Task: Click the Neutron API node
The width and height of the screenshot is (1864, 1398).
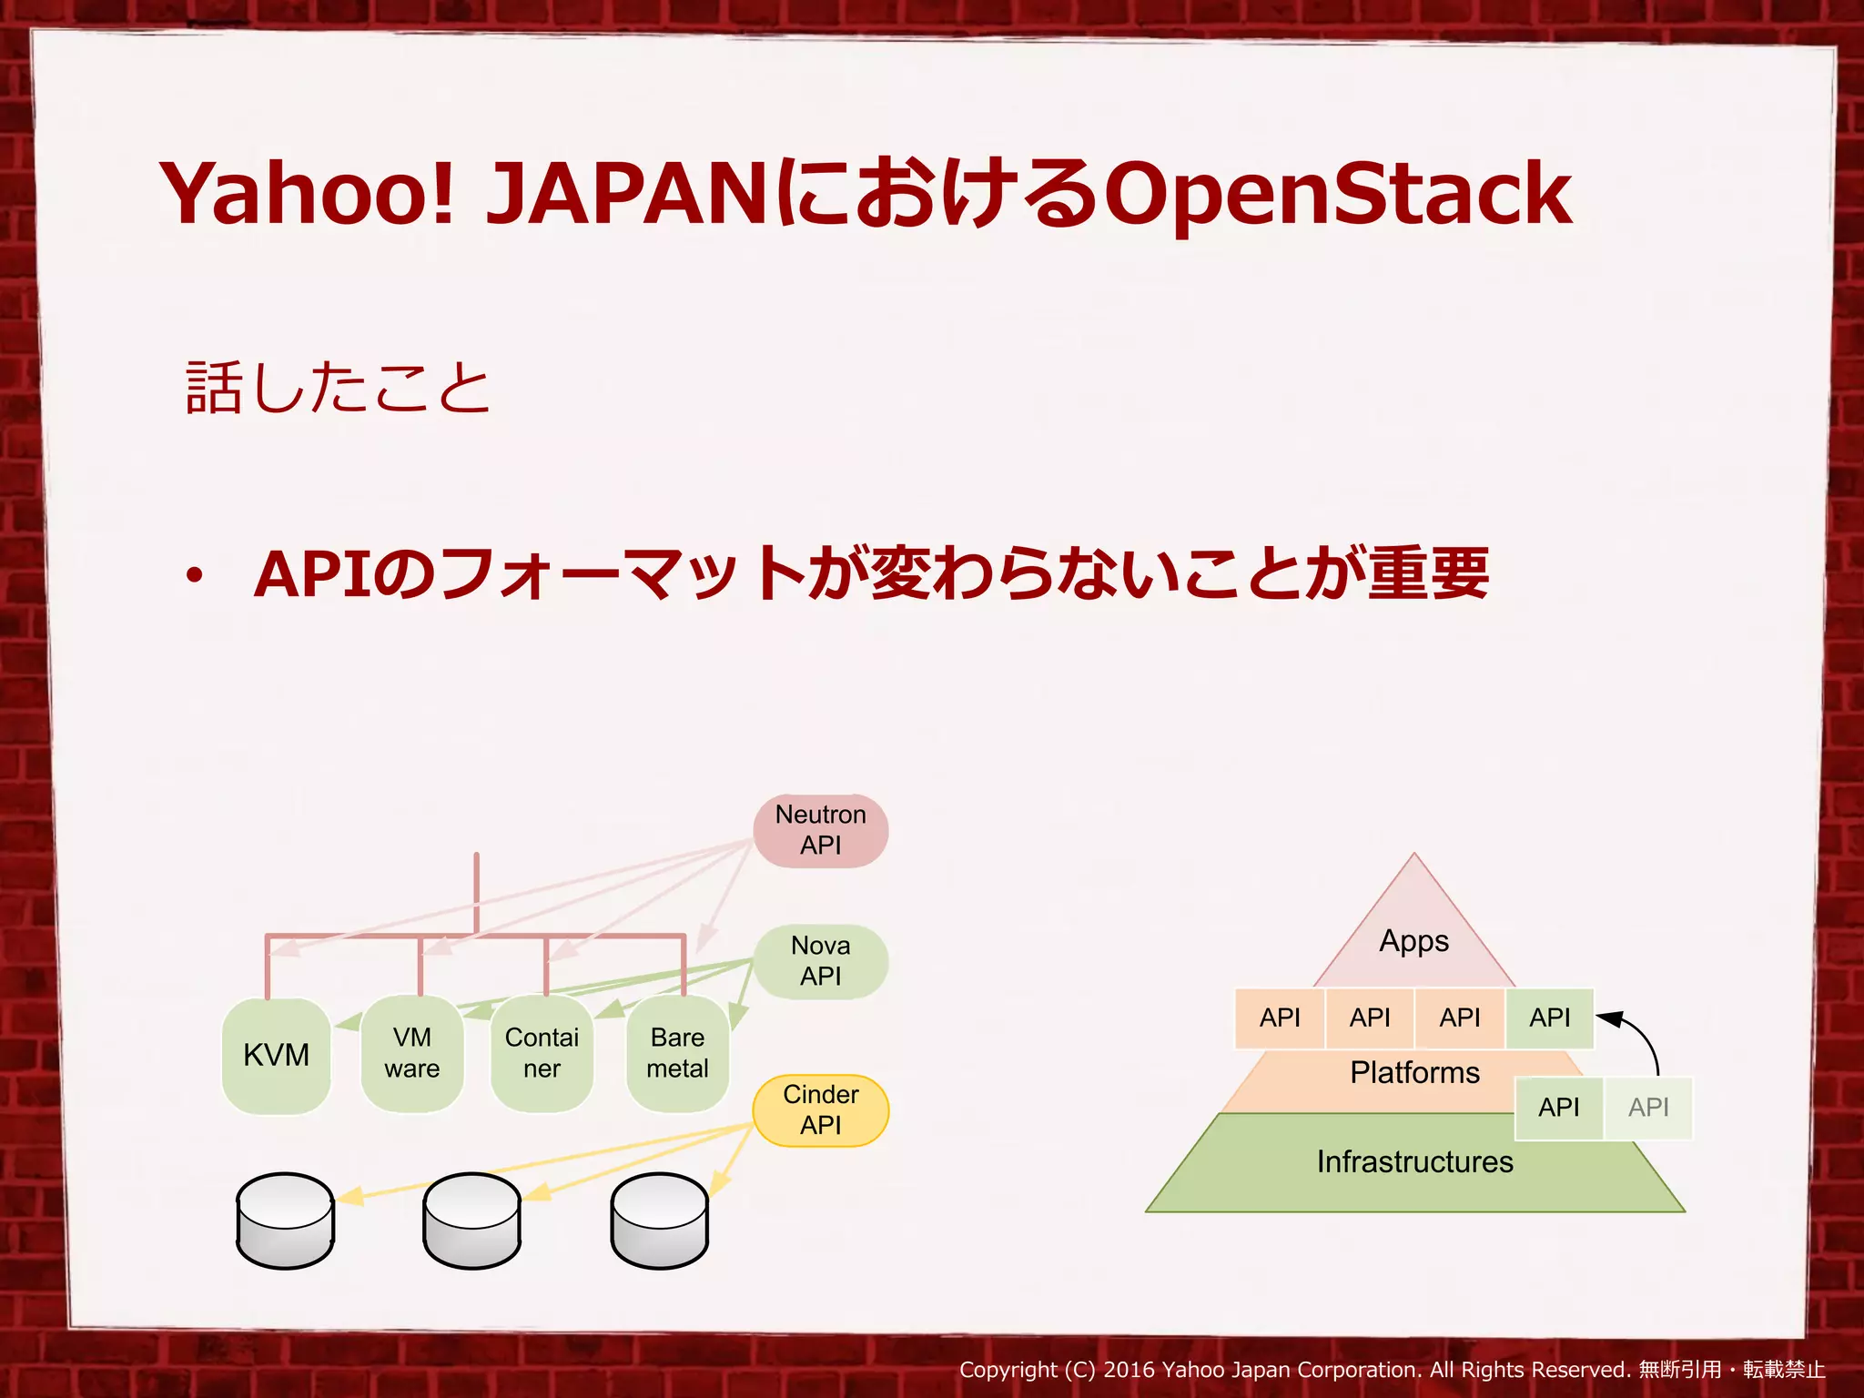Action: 820,830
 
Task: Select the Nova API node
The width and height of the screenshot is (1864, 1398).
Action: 820,961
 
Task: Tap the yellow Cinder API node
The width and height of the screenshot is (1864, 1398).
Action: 820,1110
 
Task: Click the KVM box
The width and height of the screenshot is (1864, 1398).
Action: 276,1055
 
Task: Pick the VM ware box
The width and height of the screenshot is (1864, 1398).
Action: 411,1053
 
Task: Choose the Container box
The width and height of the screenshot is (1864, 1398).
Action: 542,1053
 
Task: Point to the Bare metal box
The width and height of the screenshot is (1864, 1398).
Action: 677,1053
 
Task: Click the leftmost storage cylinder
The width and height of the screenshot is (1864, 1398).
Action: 285,1221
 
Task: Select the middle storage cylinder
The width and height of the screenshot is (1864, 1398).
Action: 471,1221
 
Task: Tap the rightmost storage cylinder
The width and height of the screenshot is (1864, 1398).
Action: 659,1221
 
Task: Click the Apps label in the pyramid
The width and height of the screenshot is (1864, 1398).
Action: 1413,941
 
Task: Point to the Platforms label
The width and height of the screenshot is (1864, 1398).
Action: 1414,1073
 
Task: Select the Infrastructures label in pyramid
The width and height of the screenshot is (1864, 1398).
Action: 1414,1162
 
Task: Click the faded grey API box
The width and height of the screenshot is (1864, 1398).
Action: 1648,1108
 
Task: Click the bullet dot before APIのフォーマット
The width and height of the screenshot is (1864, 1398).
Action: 194,576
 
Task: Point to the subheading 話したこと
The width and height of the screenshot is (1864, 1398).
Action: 338,388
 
